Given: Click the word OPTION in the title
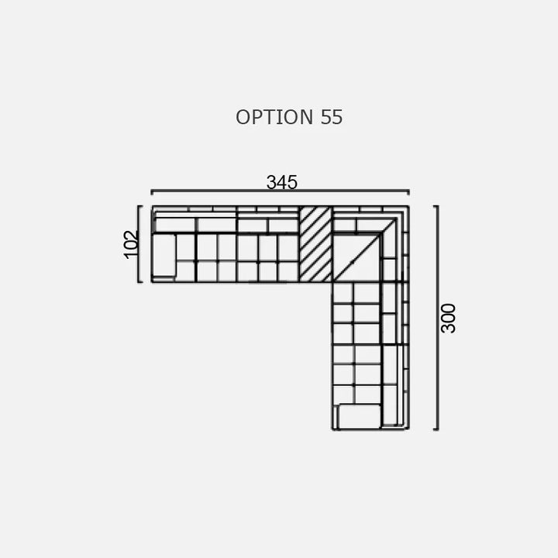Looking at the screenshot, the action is pos(274,117).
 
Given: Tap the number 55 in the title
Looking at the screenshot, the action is pos(332,117).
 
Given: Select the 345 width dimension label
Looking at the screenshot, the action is pos(282,182).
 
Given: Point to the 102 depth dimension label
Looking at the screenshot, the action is pos(131,244).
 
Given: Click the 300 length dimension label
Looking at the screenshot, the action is pos(448,319).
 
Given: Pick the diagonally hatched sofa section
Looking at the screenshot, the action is pos(315,244).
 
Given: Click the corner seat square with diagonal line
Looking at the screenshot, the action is pos(356,257).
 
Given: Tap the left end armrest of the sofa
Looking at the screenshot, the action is pos(164,255).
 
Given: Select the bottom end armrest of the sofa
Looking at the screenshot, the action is pos(360,416).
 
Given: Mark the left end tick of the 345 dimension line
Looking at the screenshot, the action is pos(152,192).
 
